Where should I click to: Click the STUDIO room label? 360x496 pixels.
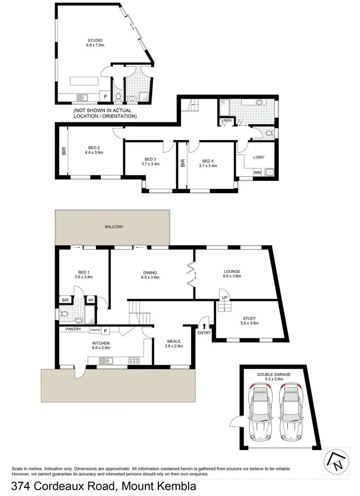coord(95,40)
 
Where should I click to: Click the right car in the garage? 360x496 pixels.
coord(290,408)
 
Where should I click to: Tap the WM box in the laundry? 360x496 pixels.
coord(257,172)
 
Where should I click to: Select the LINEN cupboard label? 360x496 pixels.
coord(226,120)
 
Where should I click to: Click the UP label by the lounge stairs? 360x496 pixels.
coord(224,297)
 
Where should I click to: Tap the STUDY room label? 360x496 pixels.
coord(249,318)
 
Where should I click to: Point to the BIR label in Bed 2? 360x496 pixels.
coord(63,150)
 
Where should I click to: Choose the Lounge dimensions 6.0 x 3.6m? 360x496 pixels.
coord(231,276)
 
